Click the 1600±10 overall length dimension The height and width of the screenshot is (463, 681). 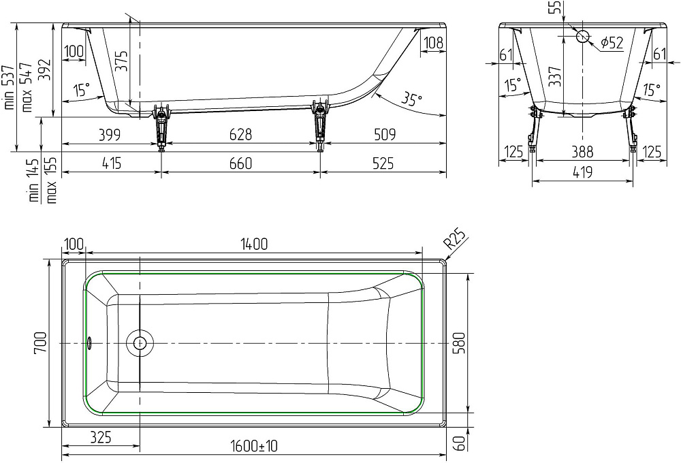tap(254, 446)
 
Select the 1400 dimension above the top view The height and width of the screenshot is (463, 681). tap(253, 244)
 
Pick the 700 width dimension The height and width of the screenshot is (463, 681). tap(40, 345)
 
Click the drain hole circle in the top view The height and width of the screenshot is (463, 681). tap(140, 343)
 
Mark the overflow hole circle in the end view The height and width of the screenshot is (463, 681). tap(583, 36)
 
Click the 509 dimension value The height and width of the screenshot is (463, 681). tap(384, 135)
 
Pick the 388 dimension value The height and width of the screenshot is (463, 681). tap(582, 151)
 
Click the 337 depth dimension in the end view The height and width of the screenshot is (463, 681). tap(554, 77)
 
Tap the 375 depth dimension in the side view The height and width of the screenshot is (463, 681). tap(121, 61)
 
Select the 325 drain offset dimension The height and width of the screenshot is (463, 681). tap(100, 436)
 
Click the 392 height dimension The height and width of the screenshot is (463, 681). tap(45, 69)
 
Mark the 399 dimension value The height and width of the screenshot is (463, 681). tap(109, 135)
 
